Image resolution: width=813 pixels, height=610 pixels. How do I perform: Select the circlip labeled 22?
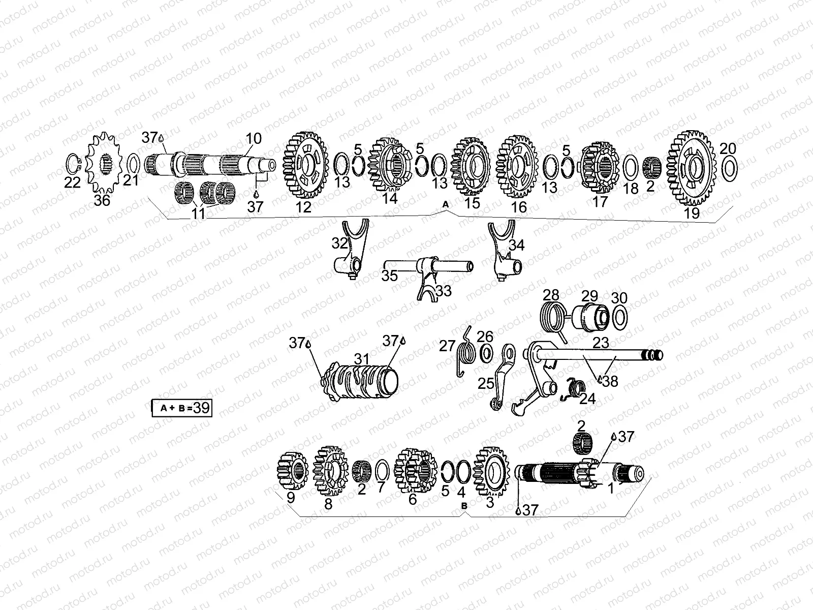[74, 164]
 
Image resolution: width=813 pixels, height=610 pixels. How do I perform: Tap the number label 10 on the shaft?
[254, 138]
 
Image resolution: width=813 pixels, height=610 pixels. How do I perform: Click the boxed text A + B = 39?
[182, 408]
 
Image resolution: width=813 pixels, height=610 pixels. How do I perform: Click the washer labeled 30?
[619, 318]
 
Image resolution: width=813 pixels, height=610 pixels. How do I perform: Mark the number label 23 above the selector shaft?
[601, 343]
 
